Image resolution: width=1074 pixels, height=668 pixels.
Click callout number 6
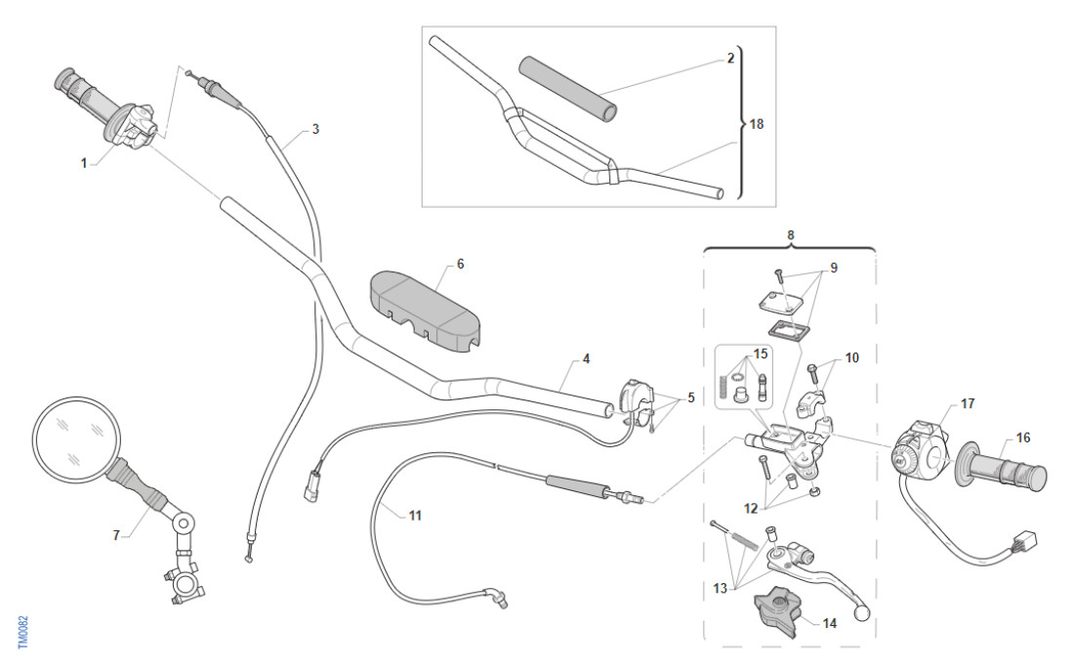[460, 265]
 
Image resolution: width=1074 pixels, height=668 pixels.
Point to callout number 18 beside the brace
[756, 126]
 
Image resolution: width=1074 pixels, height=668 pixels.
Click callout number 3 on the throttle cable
[314, 128]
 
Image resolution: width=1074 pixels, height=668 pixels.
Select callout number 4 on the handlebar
[586, 358]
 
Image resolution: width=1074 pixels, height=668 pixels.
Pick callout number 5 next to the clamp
[691, 397]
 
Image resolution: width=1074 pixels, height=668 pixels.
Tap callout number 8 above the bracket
[790, 234]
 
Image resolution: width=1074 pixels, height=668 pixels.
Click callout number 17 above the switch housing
[967, 402]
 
